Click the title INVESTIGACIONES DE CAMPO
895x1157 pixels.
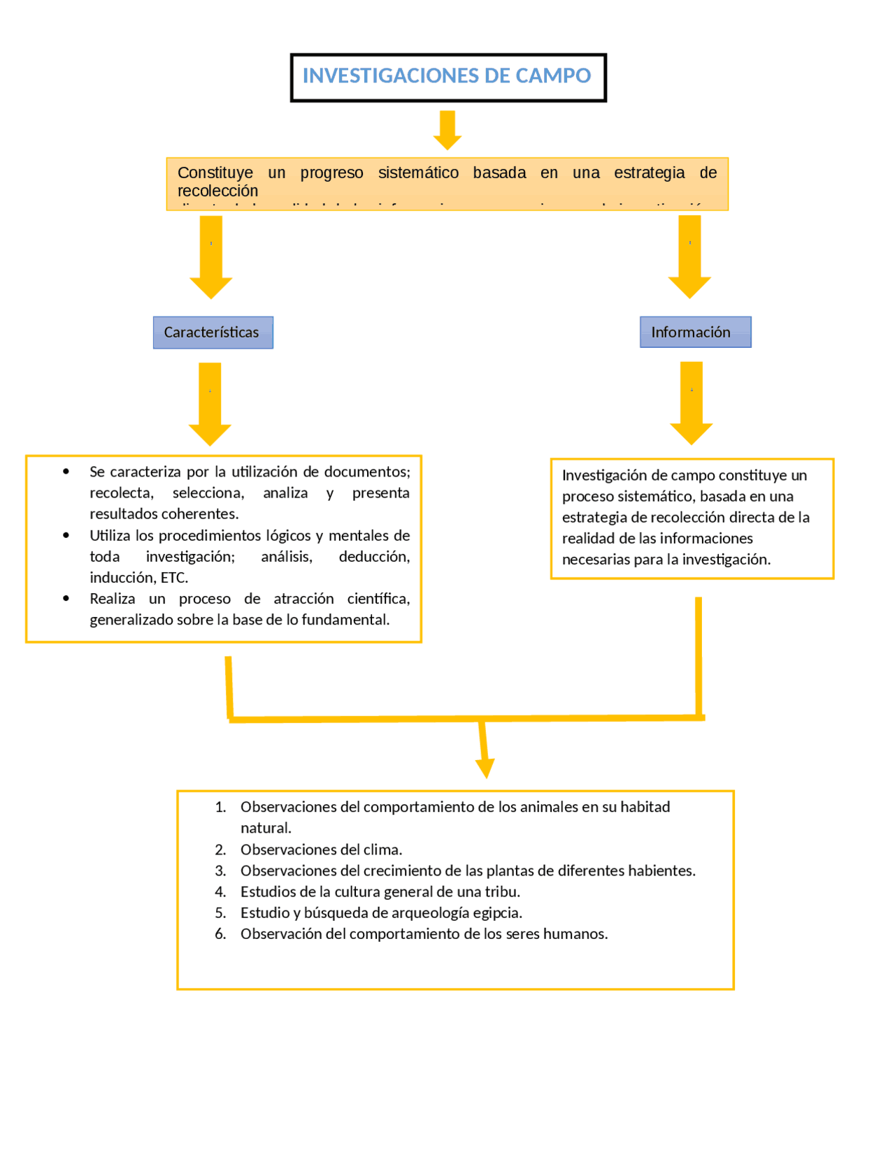pos(447,75)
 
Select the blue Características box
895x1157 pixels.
pos(213,333)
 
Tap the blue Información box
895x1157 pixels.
pos(694,332)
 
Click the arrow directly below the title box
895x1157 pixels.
pos(447,130)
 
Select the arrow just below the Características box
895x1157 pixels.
pos(210,404)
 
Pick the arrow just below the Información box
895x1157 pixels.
pos(692,403)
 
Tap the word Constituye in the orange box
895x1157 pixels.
pos(215,173)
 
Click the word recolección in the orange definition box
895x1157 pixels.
pos(217,191)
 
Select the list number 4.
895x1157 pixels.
pos(220,892)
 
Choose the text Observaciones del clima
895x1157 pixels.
pos(321,850)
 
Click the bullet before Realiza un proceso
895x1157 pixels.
pos(66,598)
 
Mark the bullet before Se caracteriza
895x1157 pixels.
pos(66,472)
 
